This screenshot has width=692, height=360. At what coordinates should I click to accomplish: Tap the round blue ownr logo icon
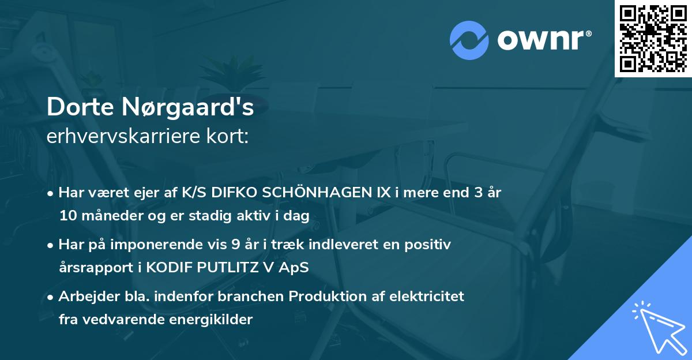point(470,40)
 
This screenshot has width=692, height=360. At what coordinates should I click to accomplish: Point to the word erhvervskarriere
point(119,136)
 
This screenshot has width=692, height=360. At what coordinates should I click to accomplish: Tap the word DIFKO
point(232,193)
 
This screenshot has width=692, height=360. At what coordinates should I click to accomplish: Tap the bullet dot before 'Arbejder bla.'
point(51,297)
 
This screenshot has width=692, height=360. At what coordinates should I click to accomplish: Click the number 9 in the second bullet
point(235,245)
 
